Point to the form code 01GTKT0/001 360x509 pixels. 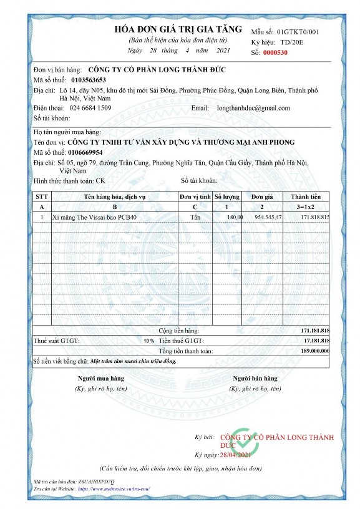tap(298, 31)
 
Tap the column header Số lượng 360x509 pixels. tap(227, 196)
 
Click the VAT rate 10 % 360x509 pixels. tap(148, 341)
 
